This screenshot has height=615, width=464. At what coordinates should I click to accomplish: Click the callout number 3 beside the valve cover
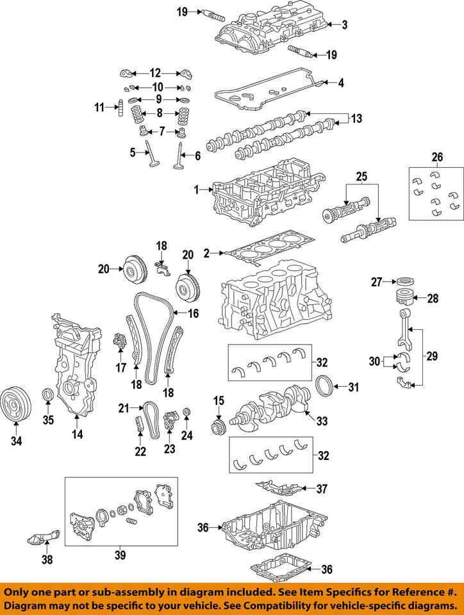[x=345, y=25]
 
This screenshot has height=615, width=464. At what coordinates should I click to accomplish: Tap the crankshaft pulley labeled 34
[x=15, y=405]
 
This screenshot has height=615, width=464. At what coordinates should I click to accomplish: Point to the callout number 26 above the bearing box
[x=436, y=156]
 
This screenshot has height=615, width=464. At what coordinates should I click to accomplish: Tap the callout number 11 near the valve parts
[x=99, y=108]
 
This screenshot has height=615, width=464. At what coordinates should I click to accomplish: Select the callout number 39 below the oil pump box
[x=120, y=554]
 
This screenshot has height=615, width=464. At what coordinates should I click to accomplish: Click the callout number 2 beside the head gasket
[x=206, y=254]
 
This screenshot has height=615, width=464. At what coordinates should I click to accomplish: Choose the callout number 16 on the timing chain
[x=193, y=313]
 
